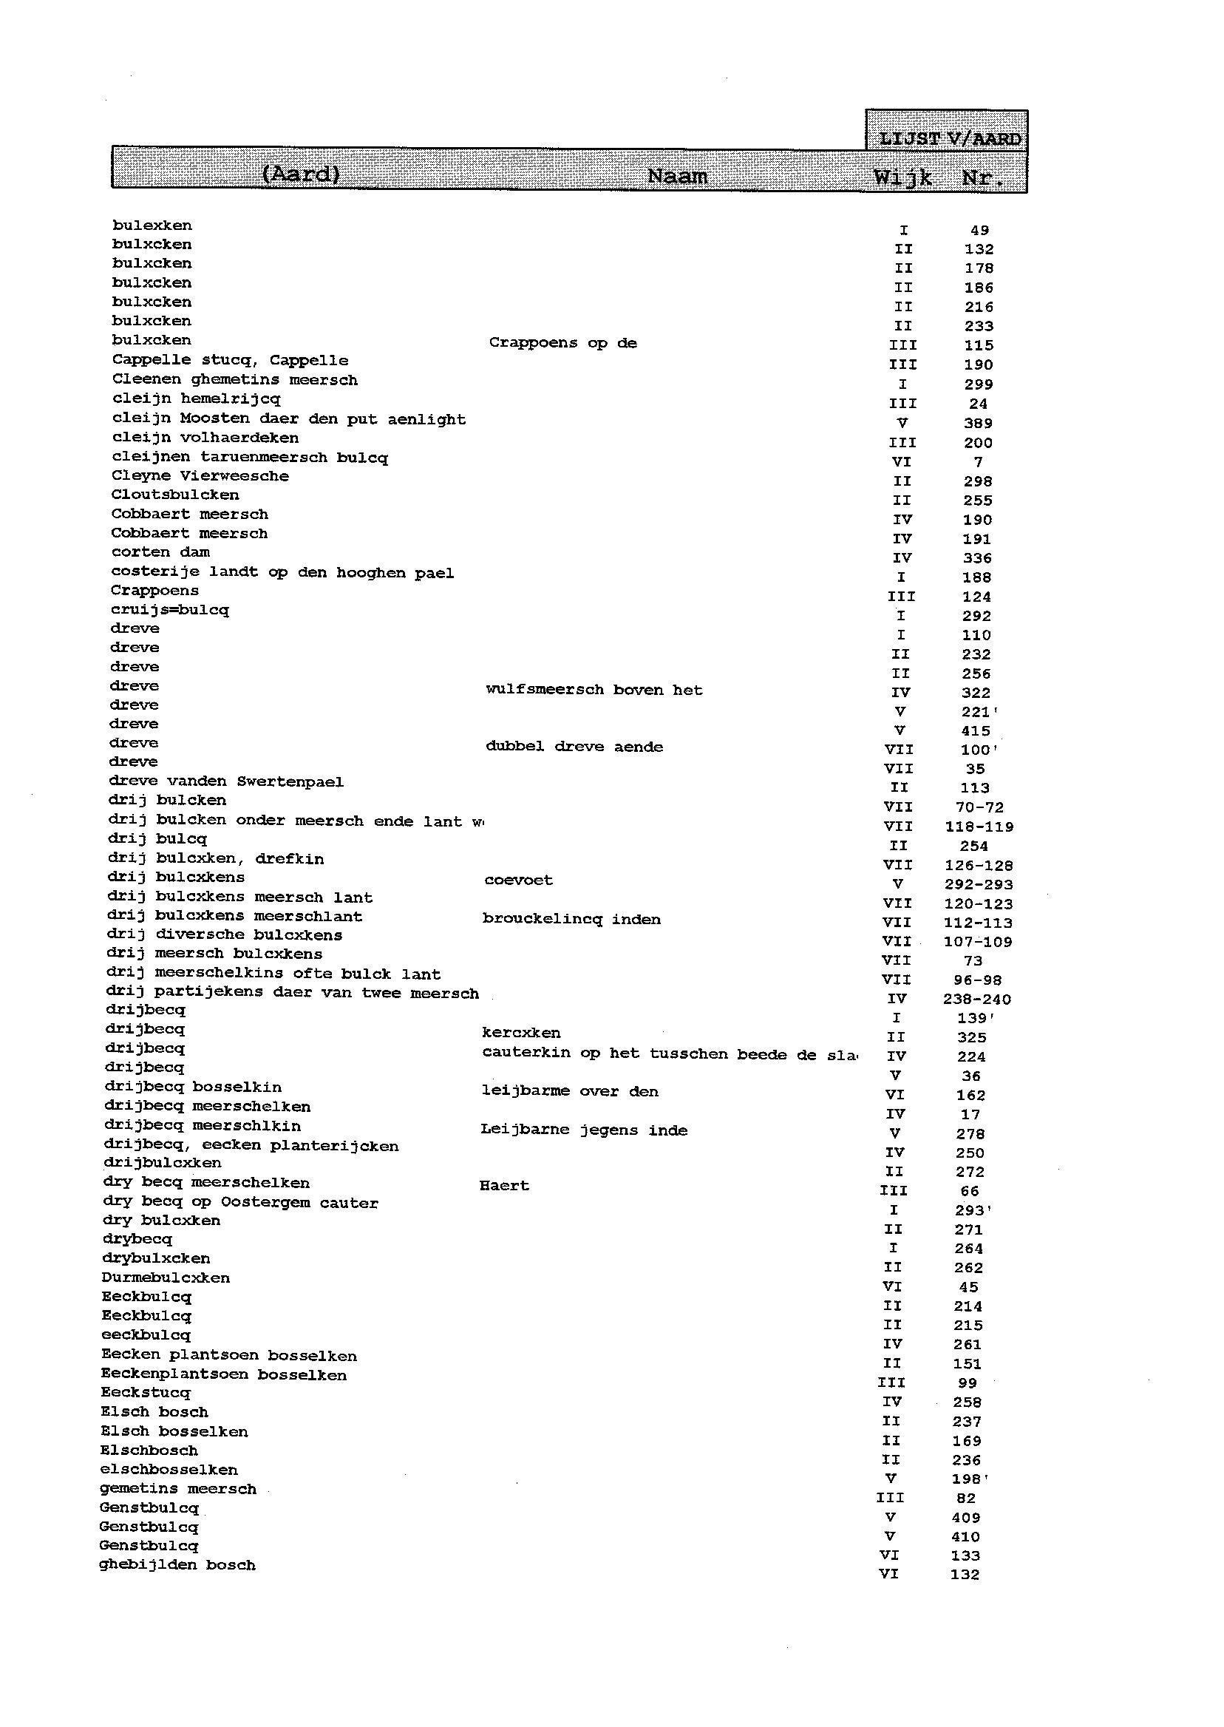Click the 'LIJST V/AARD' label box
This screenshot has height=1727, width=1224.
click(949, 138)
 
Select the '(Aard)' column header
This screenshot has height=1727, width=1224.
click(300, 174)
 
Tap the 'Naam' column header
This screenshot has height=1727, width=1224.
click(677, 177)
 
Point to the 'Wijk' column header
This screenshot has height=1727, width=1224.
click(902, 178)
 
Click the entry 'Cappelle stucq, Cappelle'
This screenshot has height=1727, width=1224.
click(230, 360)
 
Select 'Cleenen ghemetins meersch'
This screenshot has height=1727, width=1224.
click(234, 380)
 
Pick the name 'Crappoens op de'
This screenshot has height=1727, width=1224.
click(562, 343)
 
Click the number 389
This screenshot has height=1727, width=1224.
click(978, 424)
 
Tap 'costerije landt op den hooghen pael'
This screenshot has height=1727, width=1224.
click(282, 573)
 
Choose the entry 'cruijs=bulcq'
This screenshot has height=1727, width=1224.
click(169, 610)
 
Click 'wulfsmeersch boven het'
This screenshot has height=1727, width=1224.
click(594, 690)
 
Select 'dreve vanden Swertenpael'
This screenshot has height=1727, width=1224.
click(225, 781)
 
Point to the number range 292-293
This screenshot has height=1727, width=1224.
click(978, 884)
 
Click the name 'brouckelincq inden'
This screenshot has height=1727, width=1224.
click(571, 919)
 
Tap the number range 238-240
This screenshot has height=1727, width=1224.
click(976, 999)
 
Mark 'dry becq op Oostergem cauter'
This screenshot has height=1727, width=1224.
click(239, 1203)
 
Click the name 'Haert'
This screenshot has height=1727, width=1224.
click(503, 1186)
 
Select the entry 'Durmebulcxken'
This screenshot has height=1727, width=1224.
click(165, 1278)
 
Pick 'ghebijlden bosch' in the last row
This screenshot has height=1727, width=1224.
click(177, 1565)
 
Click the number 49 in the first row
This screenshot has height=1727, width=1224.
click(979, 231)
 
